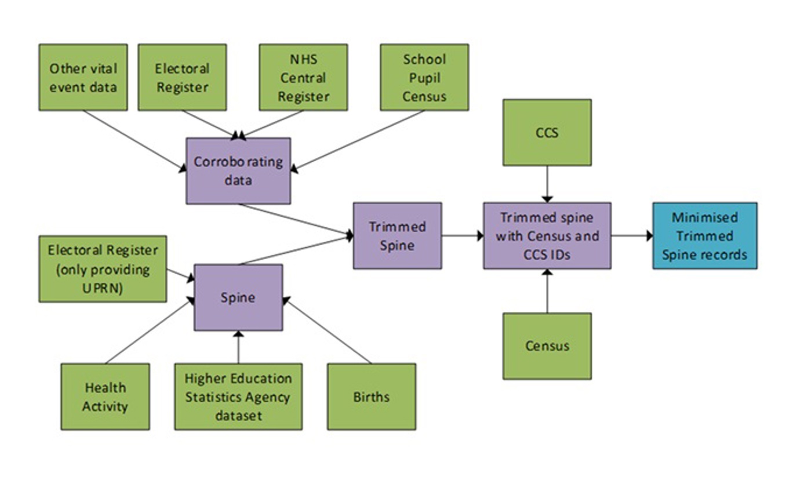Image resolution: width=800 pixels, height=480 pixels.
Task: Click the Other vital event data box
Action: coord(83,77)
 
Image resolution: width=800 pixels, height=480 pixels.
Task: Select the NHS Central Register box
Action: coord(303,77)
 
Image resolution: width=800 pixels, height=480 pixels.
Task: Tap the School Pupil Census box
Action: coord(424,77)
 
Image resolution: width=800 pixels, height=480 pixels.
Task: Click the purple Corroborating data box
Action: coord(238,171)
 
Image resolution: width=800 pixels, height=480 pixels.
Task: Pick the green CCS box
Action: coord(547,132)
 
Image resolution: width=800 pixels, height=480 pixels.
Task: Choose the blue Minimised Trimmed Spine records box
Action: coord(704,235)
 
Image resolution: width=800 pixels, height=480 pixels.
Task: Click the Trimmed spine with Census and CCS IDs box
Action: coord(547,235)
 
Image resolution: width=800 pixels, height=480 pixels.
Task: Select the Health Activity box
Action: coord(105,397)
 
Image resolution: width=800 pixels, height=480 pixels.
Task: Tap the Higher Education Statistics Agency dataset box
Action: coord(238,397)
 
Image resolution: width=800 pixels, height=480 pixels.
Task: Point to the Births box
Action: coord(371,397)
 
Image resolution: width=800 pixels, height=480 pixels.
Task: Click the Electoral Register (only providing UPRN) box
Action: coord(103,268)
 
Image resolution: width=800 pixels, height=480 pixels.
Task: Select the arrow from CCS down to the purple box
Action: coord(547,184)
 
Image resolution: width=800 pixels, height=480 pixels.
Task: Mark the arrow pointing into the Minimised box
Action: coord(632,235)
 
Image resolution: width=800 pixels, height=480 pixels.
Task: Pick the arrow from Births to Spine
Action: coord(328,330)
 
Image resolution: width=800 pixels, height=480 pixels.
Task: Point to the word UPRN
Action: coord(103,288)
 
